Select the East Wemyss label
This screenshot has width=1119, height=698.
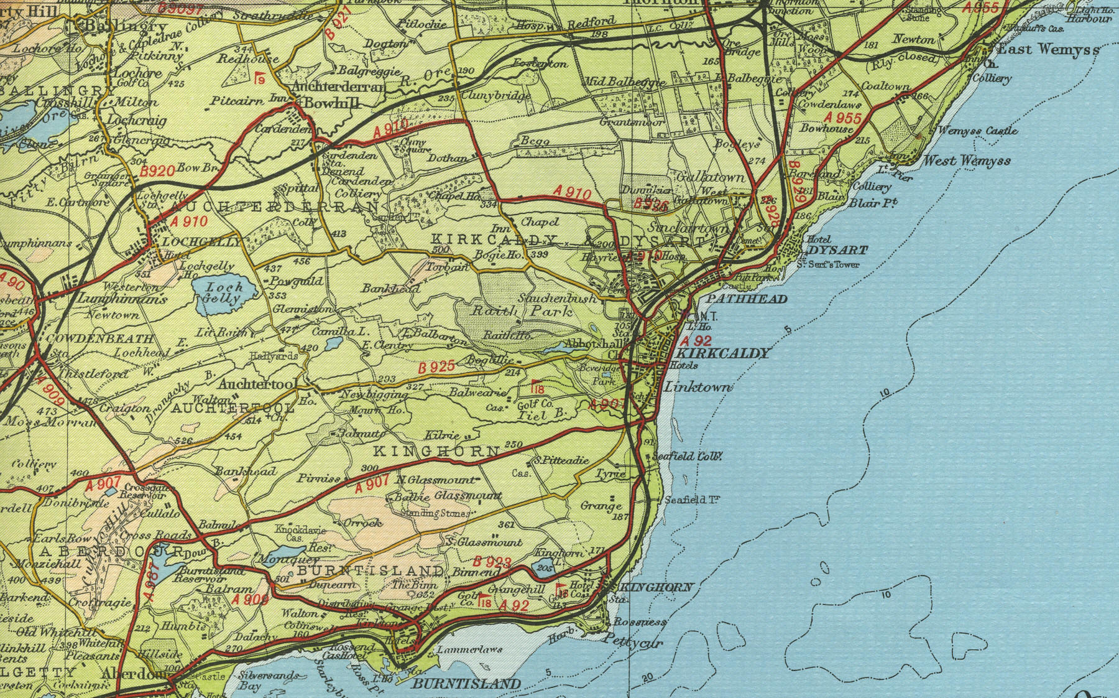click(x=1048, y=49)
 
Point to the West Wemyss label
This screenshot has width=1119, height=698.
click(x=967, y=161)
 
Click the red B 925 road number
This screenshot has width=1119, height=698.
click(x=436, y=368)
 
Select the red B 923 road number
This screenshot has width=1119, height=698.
click(x=493, y=563)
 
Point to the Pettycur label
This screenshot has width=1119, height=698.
click(x=633, y=643)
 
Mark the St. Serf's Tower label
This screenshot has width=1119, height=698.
click(x=829, y=265)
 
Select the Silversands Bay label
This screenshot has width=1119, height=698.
click(x=267, y=681)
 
